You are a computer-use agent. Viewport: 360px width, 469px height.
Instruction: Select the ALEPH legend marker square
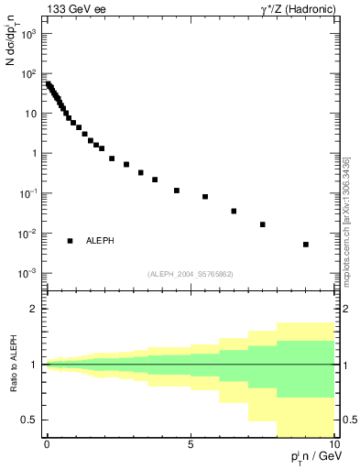coord(70,240)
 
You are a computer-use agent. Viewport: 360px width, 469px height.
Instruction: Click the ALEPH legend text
coord(100,240)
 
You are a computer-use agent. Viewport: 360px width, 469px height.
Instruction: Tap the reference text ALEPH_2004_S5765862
coord(190,274)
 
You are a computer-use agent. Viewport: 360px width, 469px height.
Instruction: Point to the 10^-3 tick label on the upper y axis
coord(28,274)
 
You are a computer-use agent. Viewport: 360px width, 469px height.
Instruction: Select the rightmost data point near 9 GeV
coord(306,245)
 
